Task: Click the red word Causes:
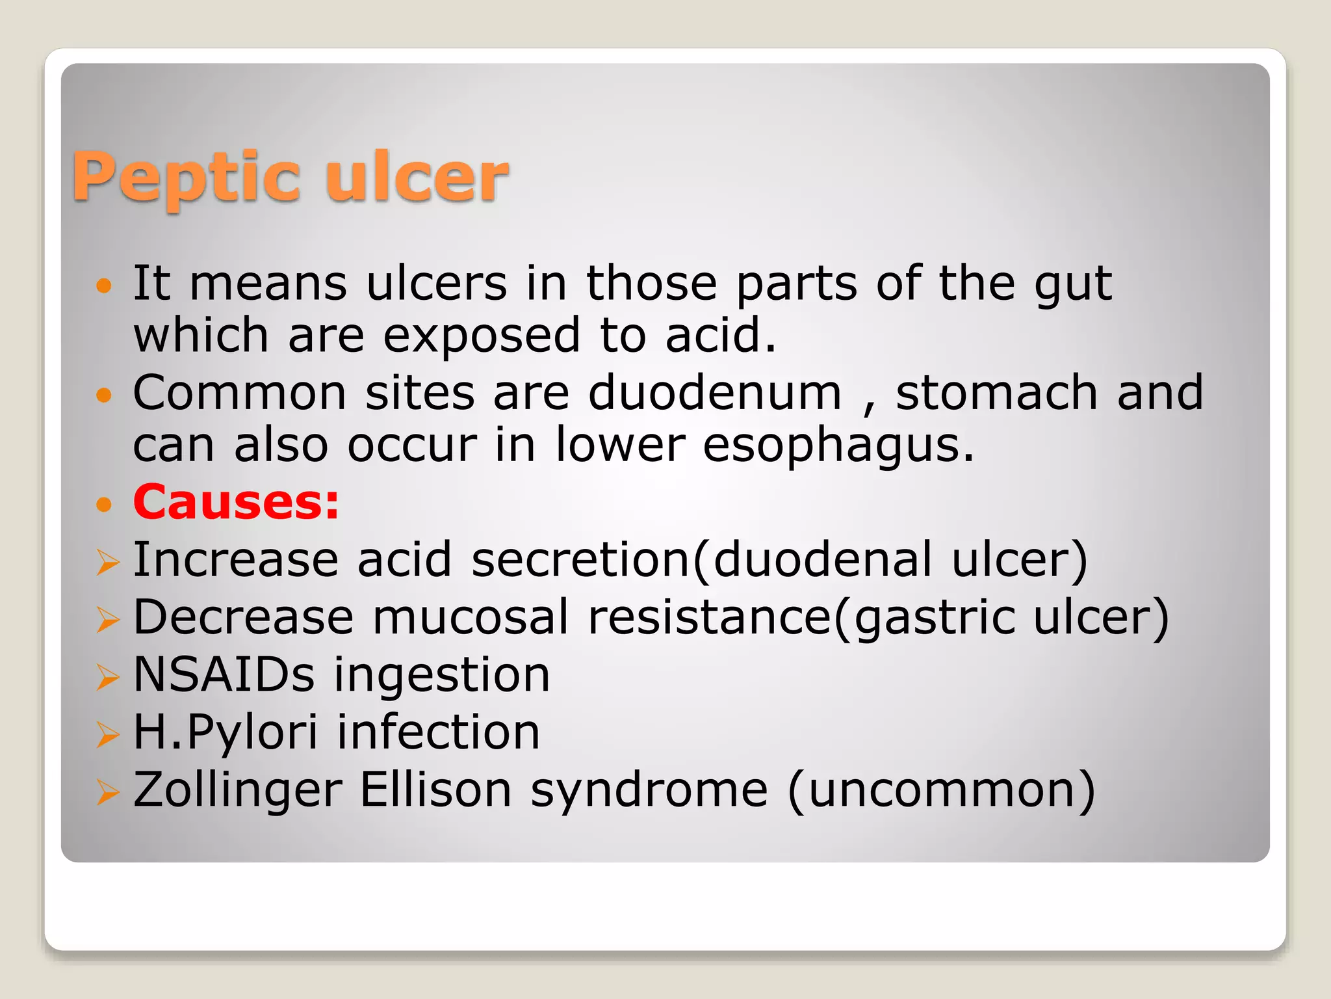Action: pos(236,502)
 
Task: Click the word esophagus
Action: pos(838,446)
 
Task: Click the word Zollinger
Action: pos(237,791)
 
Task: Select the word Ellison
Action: pos(436,790)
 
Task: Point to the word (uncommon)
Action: pos(942,790)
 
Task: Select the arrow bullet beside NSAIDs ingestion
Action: pos(107,677)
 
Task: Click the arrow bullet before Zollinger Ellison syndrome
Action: pos(107,792)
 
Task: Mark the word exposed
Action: pos(482,336)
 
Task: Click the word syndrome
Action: pos(649,791)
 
